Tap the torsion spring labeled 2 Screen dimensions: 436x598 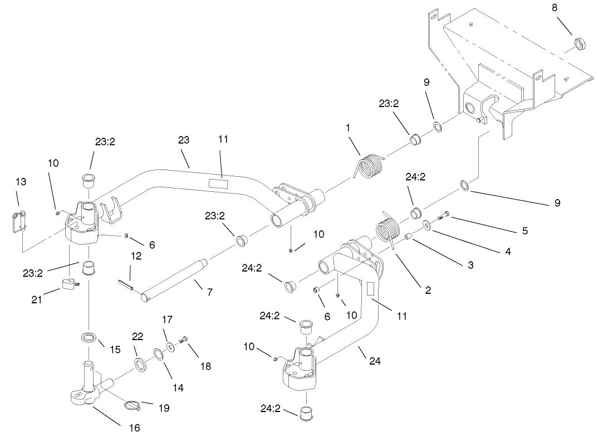click(x=386, y=229)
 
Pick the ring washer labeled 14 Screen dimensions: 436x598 click(x=158, y=355)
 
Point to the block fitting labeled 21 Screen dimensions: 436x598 click(x=68, y=285)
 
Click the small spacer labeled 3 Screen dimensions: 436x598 click(x=408, y=238)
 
